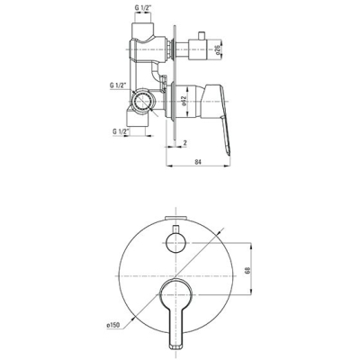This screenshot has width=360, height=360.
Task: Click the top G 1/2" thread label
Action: [143, 9]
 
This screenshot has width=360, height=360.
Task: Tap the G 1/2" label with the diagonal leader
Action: [119, 85]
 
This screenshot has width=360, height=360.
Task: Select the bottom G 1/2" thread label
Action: [121, 131]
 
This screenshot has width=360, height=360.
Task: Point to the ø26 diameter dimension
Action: [218, 48]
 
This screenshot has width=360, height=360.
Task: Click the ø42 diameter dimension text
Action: [184, 101]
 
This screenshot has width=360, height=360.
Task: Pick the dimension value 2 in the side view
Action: [185, 143]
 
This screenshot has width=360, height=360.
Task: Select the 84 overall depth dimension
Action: [198, 162]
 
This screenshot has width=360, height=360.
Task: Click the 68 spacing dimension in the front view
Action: [247, 269]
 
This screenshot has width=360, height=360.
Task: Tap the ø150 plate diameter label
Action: [112, 325]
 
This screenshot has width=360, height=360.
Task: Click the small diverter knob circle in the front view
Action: [175, 243]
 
